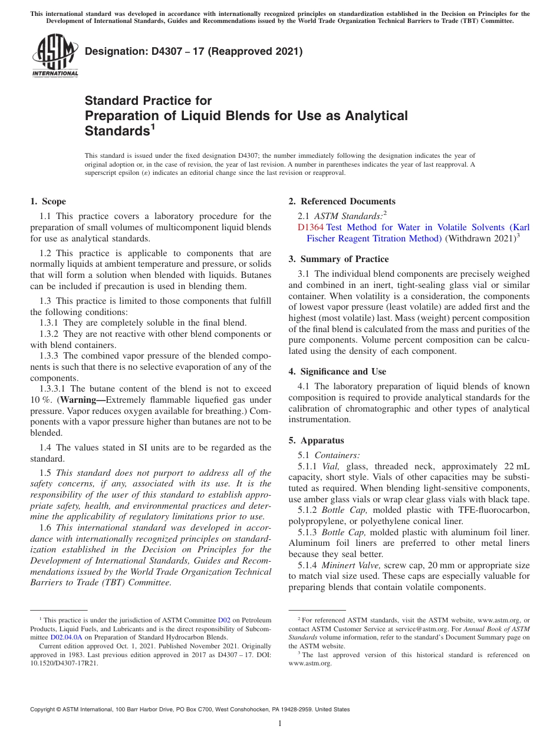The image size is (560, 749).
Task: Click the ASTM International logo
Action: (55, 56)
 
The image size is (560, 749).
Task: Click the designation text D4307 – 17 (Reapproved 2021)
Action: (194, 51)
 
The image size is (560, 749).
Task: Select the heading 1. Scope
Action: (48, 201)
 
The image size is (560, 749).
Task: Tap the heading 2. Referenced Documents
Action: (342, 201)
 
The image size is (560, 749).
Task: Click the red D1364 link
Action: (310, 227)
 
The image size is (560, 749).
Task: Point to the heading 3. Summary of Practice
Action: (338, 259)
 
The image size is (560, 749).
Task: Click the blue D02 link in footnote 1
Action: (224, 620)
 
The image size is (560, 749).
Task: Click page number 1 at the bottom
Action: (280, 724)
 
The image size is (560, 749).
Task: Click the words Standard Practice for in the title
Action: (148, 101)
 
